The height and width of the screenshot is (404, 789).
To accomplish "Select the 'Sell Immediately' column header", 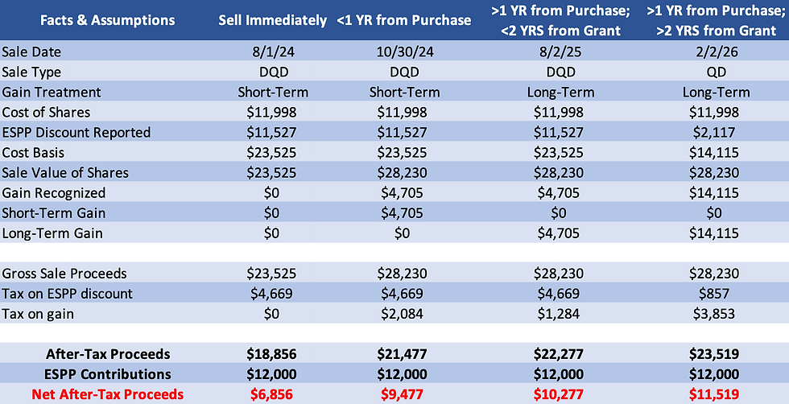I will click(273, 20).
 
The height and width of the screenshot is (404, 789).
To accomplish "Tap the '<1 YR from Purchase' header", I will click(403, 20).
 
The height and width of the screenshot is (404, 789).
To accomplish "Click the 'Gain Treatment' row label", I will click(52, 93).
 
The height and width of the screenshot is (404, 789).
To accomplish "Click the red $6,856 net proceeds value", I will click(273, 394).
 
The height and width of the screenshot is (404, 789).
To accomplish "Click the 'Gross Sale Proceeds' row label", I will click(64, 274).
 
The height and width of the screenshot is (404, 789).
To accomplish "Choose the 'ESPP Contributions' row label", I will click(108, 374).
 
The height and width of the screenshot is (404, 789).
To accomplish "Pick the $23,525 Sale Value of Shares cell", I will click(273, 173).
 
